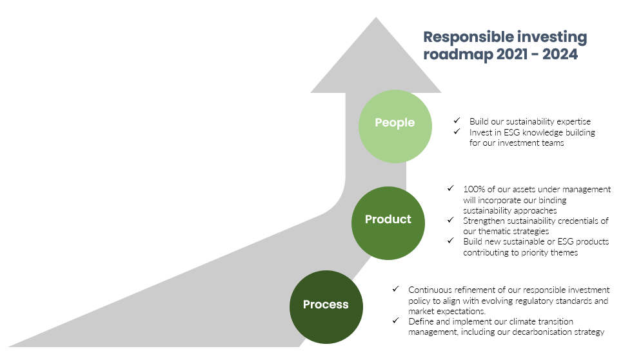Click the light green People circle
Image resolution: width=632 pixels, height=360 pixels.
tap(395, 126)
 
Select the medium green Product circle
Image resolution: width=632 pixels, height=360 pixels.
tap(388, 223)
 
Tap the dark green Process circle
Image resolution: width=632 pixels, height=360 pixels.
tap(326, 307)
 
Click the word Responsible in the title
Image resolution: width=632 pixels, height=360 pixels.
tap(468, 37)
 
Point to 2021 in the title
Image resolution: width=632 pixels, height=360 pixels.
tap(511, 54)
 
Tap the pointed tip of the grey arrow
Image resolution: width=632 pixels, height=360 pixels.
tap(376, 17)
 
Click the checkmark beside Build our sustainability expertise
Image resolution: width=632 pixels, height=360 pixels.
tap(457, 121)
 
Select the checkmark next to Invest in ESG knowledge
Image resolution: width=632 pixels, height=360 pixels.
tap(457, 132)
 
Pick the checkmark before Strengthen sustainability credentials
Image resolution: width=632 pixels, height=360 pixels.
tap(451, 220)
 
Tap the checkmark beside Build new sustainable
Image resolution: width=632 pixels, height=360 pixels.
tap(451, 241)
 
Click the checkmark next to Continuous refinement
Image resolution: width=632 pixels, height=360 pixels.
tap(395, 288)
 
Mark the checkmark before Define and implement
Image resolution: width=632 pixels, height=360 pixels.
tap(395, 321)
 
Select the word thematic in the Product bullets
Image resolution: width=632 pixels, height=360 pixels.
tap(493, 232)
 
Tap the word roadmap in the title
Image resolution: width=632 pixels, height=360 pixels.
tap(458, 54)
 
